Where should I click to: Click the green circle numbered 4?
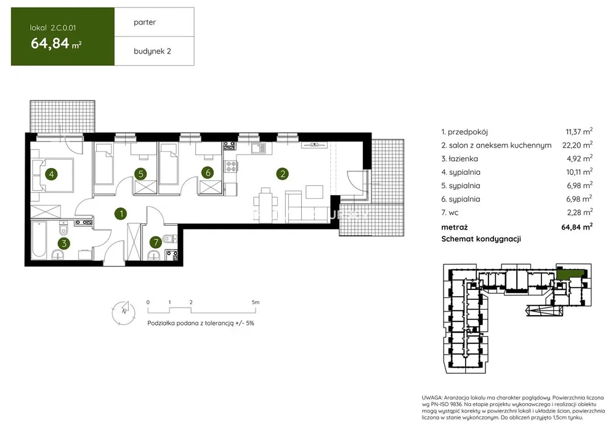pos(52,174)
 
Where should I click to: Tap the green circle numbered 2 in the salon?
pos(283,174)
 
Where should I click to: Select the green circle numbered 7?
pos(156,242)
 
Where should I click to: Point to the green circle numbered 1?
pos(121,214)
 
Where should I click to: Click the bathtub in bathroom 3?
pos(39,239)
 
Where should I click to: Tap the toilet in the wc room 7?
pos(171,238)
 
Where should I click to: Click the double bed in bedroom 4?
pos(52,175)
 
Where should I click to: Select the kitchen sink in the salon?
pos(259,148)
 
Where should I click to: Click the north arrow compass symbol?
pos(124,312)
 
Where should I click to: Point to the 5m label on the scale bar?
pos(256,302)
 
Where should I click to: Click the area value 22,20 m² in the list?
pos(577,145)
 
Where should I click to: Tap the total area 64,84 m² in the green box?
pos(56,43)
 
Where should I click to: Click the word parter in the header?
pos(145,22)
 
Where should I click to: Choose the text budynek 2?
pos(152,51)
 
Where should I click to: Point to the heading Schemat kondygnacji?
pos(481,239)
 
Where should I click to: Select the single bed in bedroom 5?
pos(103,164)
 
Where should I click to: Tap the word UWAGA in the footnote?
pos(432,398)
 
